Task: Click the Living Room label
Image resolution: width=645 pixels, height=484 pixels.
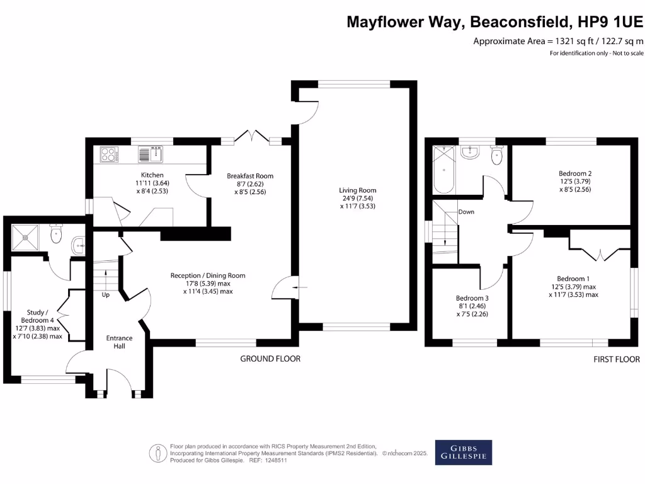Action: pos(357,190)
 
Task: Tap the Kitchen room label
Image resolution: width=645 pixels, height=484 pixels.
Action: pos(152,175)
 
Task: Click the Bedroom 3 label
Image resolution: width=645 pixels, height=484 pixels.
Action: pos(472,299)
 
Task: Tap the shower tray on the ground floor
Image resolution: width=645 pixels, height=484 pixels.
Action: pos(25,237)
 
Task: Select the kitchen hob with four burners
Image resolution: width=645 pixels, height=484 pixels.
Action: pos(109,154)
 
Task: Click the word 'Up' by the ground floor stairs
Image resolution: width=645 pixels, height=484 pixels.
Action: pos(105,294)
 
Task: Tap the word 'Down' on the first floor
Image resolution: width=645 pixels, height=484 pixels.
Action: pos(466,212)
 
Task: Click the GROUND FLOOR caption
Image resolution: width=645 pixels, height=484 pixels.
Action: pos(270,359)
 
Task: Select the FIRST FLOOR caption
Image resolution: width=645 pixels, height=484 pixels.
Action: pos(616,359)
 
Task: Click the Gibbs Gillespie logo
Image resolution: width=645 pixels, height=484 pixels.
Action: pos(464,451)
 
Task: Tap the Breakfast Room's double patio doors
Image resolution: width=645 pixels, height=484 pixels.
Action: pos(251,137)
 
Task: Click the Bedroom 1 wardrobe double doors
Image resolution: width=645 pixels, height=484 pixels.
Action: pos(600,253)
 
